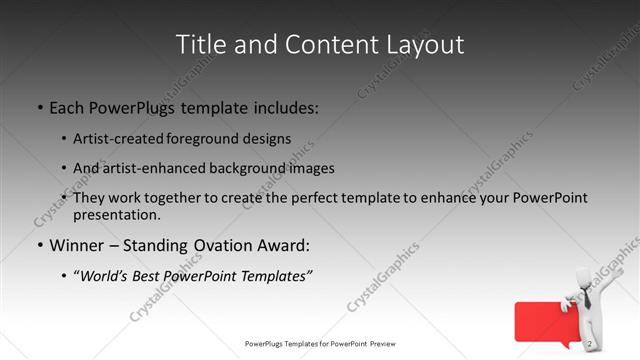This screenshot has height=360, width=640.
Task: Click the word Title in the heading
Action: click(x=197, y=45)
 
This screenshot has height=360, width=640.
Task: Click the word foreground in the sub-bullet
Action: click(x=198, y=138)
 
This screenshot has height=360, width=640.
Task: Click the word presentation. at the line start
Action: click(x=116, y=215)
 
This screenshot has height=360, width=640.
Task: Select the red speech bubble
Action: click(x=540, y=321)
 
